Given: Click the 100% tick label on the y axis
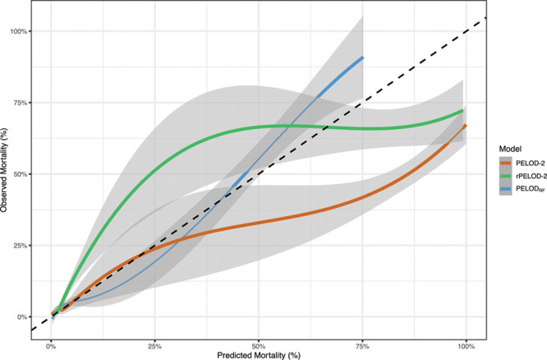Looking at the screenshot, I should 21,31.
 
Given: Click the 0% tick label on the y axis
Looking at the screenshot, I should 24,316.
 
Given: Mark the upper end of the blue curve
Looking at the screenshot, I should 363,58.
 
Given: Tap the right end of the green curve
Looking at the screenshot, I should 464,110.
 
